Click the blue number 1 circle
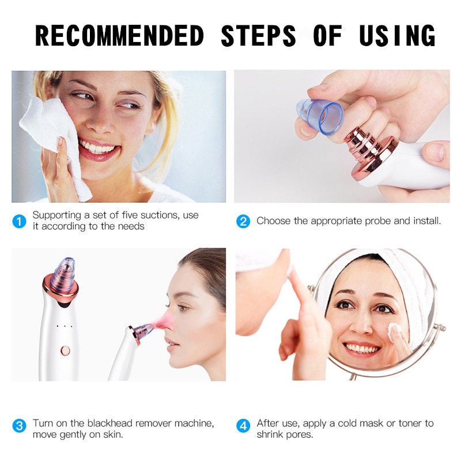point(20,221)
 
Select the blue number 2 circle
point(243,221)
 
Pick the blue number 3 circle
point(20,426)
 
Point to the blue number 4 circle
point(243,426)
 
